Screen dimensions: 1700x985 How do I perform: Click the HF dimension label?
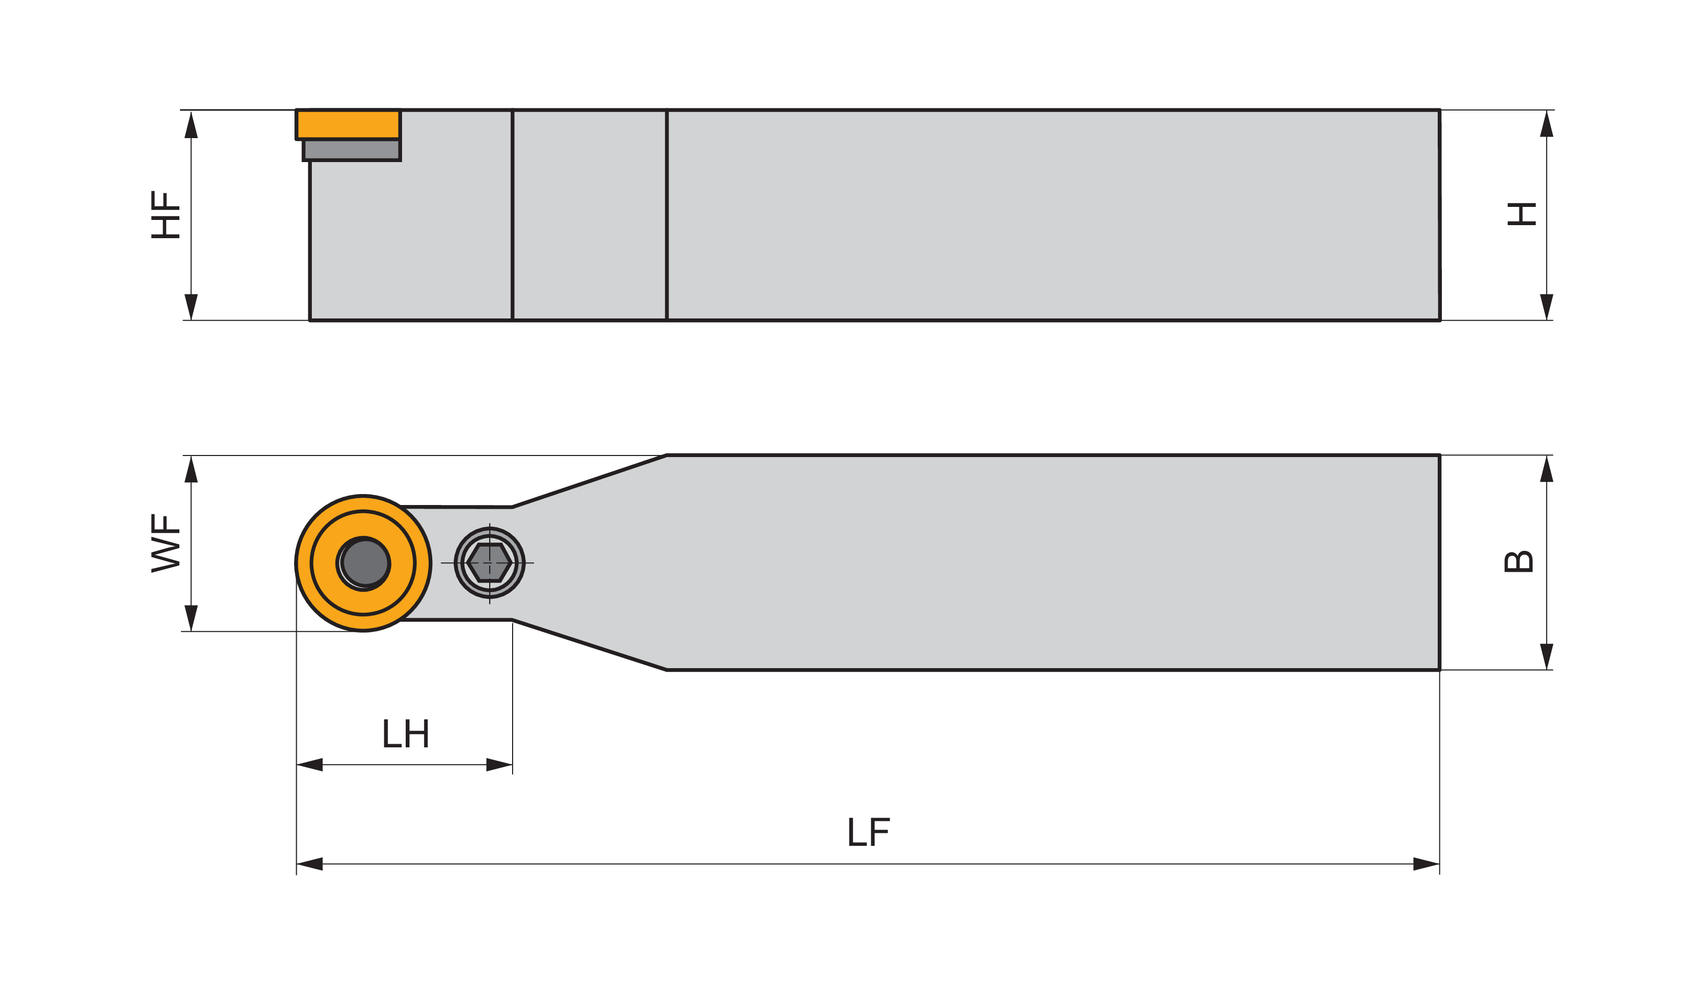click(165, 214)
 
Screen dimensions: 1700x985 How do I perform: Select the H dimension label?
click(1522, 214)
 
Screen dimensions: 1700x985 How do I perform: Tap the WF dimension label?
click(165, 544)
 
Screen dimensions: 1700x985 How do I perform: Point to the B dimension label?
click(1519, 562)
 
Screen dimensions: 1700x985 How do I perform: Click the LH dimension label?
click(405, 733)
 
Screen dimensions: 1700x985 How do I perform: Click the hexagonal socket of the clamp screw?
click(489, 562)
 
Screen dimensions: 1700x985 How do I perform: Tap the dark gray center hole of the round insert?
click(365, 563)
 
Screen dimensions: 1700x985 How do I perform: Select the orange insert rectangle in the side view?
click(348, 125)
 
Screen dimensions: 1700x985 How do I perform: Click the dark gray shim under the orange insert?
click(351, 150)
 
